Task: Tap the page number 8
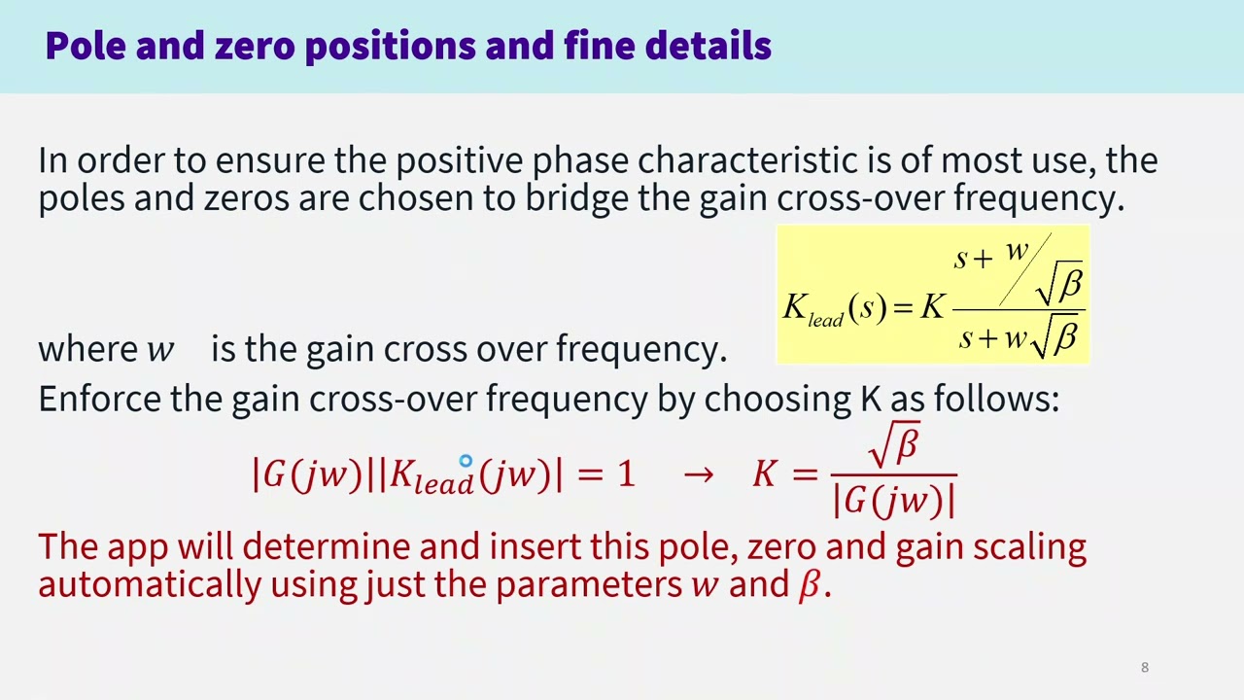tap(1145, 667)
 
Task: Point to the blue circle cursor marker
tap(466, 462)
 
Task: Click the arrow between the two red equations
tap(698, 474)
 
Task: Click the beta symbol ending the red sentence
tap(809, 585)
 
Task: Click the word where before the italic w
tap(87, 349)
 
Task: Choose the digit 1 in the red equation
tap(624, 474)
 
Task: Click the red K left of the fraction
tap(764, 474)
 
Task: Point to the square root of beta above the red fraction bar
tap(894, 445)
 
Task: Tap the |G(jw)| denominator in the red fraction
tap(894, 500)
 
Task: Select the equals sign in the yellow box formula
tap(904, 308)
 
